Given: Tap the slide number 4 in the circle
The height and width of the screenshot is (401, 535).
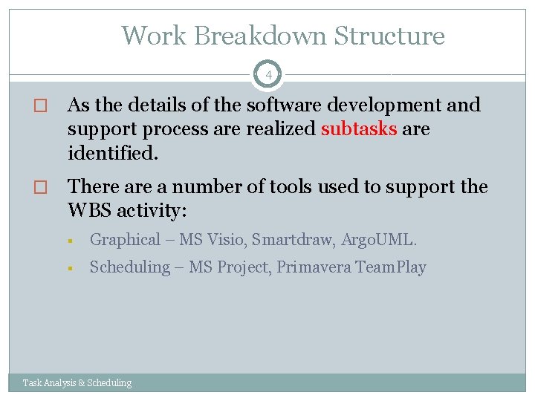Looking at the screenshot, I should [269, 74].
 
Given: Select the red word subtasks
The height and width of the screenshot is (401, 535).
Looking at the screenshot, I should [359, 129].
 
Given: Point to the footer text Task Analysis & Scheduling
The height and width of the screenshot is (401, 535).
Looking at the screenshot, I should [77, 383].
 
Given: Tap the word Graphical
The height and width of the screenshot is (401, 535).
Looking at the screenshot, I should [125, 240].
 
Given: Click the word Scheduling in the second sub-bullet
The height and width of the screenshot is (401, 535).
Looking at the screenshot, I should [129, 267].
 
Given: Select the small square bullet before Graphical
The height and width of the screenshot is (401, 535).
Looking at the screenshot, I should [68, 241].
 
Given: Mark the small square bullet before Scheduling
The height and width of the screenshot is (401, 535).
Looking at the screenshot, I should [68, 268].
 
